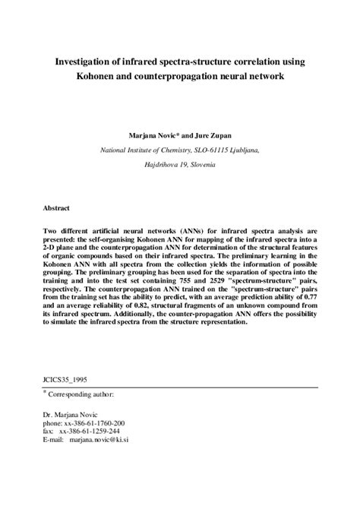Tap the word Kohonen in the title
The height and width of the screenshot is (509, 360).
click(x=93, y=76)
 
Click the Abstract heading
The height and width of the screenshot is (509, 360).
click(x=57, y=206)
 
